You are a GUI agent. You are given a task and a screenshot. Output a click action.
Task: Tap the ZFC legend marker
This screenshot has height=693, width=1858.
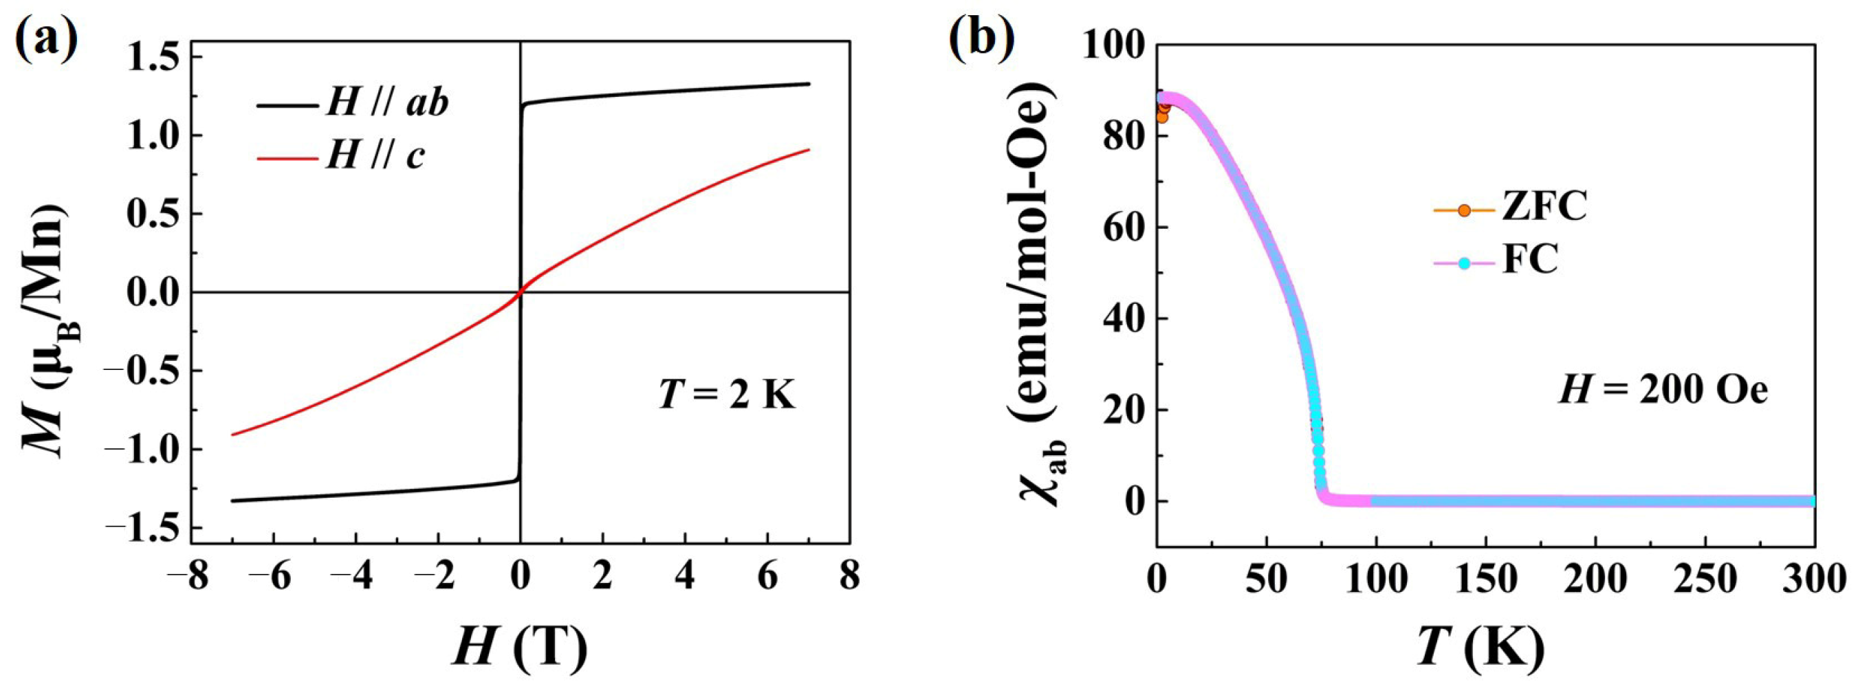coord(1464,210)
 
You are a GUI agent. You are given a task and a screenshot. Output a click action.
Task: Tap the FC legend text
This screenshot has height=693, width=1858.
coord(1530,261)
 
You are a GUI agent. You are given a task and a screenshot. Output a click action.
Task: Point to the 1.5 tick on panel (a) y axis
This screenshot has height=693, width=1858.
coord(151,57)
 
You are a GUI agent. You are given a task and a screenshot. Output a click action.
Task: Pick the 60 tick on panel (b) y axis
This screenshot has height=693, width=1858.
coord(1125,227)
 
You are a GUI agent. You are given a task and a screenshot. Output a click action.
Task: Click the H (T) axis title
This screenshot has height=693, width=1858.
coord(520,645)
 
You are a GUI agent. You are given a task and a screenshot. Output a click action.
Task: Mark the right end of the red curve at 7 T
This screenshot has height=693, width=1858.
coord(809,150)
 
